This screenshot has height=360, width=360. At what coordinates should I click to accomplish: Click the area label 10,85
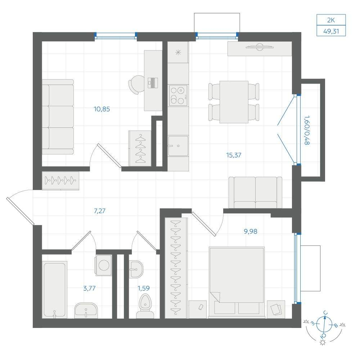(102, 109)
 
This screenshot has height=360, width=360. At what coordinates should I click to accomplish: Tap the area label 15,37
(234, 155)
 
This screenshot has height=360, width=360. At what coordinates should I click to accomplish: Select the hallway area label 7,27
(100, 211)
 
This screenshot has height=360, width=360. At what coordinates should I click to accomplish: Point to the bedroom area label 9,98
(251, 231)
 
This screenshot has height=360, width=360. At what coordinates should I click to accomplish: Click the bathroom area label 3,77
(89, 288)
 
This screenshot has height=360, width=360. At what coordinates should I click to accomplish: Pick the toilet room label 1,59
(144, 288)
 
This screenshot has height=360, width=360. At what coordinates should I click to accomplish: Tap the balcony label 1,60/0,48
(307, 130)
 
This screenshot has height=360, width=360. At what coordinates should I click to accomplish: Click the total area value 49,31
(331, 31)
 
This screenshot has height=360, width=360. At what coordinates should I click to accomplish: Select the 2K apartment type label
(331, 20)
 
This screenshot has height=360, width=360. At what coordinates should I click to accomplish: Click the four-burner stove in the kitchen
(178, 95)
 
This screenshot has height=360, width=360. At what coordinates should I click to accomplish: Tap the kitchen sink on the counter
(178, 146)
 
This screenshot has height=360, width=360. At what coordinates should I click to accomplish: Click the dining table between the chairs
(234, 102)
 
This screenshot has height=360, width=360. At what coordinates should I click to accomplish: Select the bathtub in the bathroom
(55, 290)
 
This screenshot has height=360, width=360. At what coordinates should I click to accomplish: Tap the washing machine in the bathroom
(104, 265)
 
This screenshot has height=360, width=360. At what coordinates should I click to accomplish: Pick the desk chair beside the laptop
(136, 85)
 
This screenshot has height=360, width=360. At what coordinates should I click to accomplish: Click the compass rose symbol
(324, 324)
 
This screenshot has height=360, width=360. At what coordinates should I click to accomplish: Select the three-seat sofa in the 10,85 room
(58, 117)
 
